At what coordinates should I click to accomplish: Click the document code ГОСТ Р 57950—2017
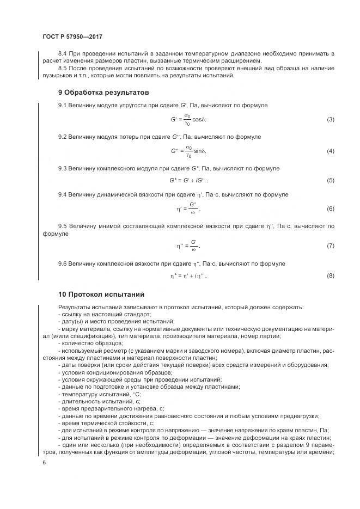[x=72, y=36]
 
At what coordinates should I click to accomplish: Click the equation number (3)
[x=330, y=119]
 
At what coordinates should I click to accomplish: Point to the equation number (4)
[x=330, y=151]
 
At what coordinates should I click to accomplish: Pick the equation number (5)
[x=330, y=180]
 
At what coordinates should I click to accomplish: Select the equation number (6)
[x=330, y=209]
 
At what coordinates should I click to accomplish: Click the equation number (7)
[x=330, y=246]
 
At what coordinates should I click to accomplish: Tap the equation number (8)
[x=330, y=276]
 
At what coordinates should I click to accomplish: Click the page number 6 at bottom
[x=44, y=462]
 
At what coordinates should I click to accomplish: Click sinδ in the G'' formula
[x=200, y=151]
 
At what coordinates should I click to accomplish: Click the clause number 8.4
[x=63, y=54]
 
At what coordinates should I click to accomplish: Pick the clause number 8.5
[x=63, y=68]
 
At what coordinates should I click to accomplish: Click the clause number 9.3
[x=63, y=169]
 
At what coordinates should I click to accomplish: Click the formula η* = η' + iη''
[x=188, y=276]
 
